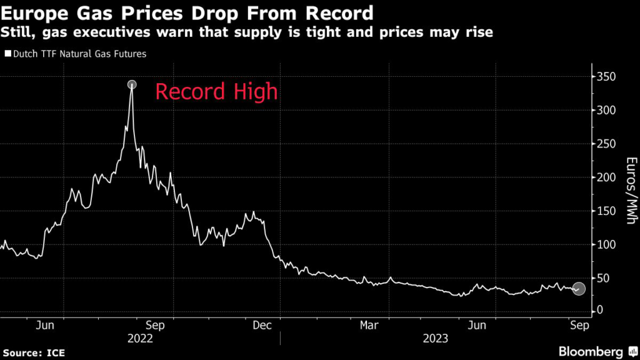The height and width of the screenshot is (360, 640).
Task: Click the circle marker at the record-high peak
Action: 132,84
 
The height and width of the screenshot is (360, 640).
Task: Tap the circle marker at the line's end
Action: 579,289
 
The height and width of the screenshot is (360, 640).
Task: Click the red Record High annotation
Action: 216,92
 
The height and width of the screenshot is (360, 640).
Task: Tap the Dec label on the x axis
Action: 263,325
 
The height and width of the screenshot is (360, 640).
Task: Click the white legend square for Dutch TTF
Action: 7,54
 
